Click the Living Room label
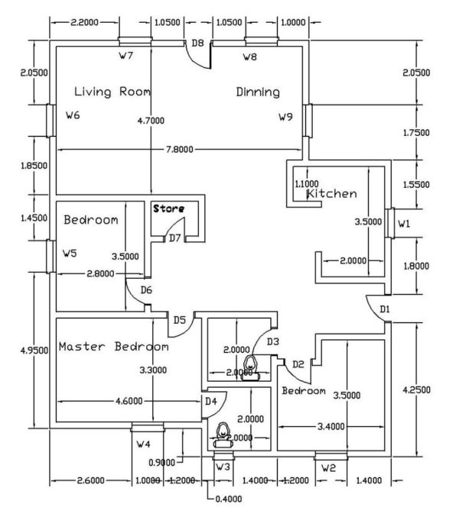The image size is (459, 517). click(112, 92)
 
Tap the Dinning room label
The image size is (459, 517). click(258, 92)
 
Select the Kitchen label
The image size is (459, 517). click(331, 194)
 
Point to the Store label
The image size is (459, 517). click(170, 207)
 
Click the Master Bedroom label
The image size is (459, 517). click(113, 347)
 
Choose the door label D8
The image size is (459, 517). click(197, 43)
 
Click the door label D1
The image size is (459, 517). click(385, 309)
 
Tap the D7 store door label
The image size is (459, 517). click(174, 237)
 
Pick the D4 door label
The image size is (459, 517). click(210, 401)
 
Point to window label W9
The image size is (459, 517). click(285, 117)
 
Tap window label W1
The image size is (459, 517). click(404, 224)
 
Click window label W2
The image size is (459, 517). click(328, 467)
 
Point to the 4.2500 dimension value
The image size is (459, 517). click(416, 389)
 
